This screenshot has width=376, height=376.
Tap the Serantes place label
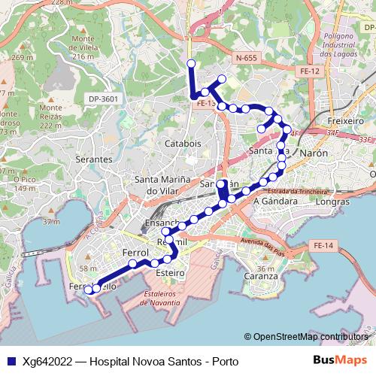tap(93, 160)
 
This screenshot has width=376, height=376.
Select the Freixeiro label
tap(347, 120)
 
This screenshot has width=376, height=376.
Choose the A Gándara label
tap(276, 202)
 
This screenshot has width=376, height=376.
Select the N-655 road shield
tap(244, 57)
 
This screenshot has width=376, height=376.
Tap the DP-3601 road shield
tap(103, 99)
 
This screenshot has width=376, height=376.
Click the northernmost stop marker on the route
tap(191, 63)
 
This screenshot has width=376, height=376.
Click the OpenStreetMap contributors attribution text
tap(311, 337)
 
